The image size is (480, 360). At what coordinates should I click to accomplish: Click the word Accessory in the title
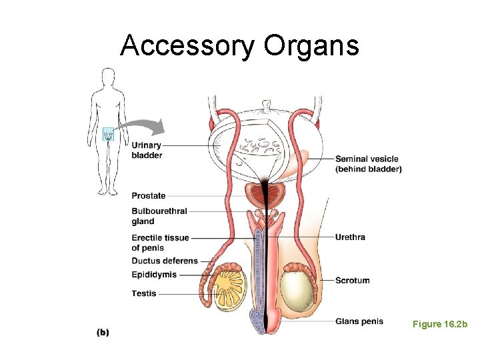point(187,46)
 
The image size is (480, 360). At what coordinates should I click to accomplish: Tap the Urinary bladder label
point(147,150)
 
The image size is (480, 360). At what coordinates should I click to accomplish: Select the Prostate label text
point(149,196)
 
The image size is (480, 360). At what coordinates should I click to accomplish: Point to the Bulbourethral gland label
point(159,216)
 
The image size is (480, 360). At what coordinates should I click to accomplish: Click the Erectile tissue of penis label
point(160,243)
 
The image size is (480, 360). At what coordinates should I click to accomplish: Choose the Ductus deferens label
point(165,261)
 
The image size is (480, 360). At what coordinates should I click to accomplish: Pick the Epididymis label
point(154,275)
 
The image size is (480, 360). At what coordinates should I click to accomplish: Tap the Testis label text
point(144,293)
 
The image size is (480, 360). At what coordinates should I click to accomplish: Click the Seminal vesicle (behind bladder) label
point(368,164)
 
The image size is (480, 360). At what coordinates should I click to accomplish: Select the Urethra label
point(350,237)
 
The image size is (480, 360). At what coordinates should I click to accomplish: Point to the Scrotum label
point(352,280)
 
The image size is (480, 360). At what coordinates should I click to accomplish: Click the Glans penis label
point(359,321)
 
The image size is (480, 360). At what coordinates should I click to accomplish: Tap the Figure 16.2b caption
point(440,324)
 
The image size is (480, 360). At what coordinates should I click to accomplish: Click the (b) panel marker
point(103,331)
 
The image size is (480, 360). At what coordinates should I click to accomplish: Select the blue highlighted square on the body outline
point(108,135)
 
